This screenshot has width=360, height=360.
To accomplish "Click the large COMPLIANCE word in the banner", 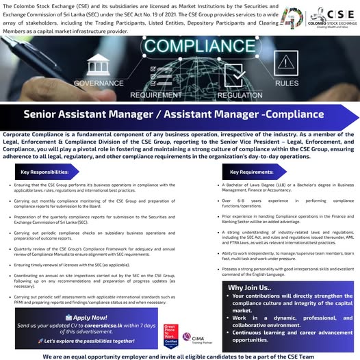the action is (179, 49).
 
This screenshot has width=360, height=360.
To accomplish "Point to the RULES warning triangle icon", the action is (287, 67).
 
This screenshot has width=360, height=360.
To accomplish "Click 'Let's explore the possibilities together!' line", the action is (92, 340).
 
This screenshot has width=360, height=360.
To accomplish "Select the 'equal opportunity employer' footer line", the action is (179, 356).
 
